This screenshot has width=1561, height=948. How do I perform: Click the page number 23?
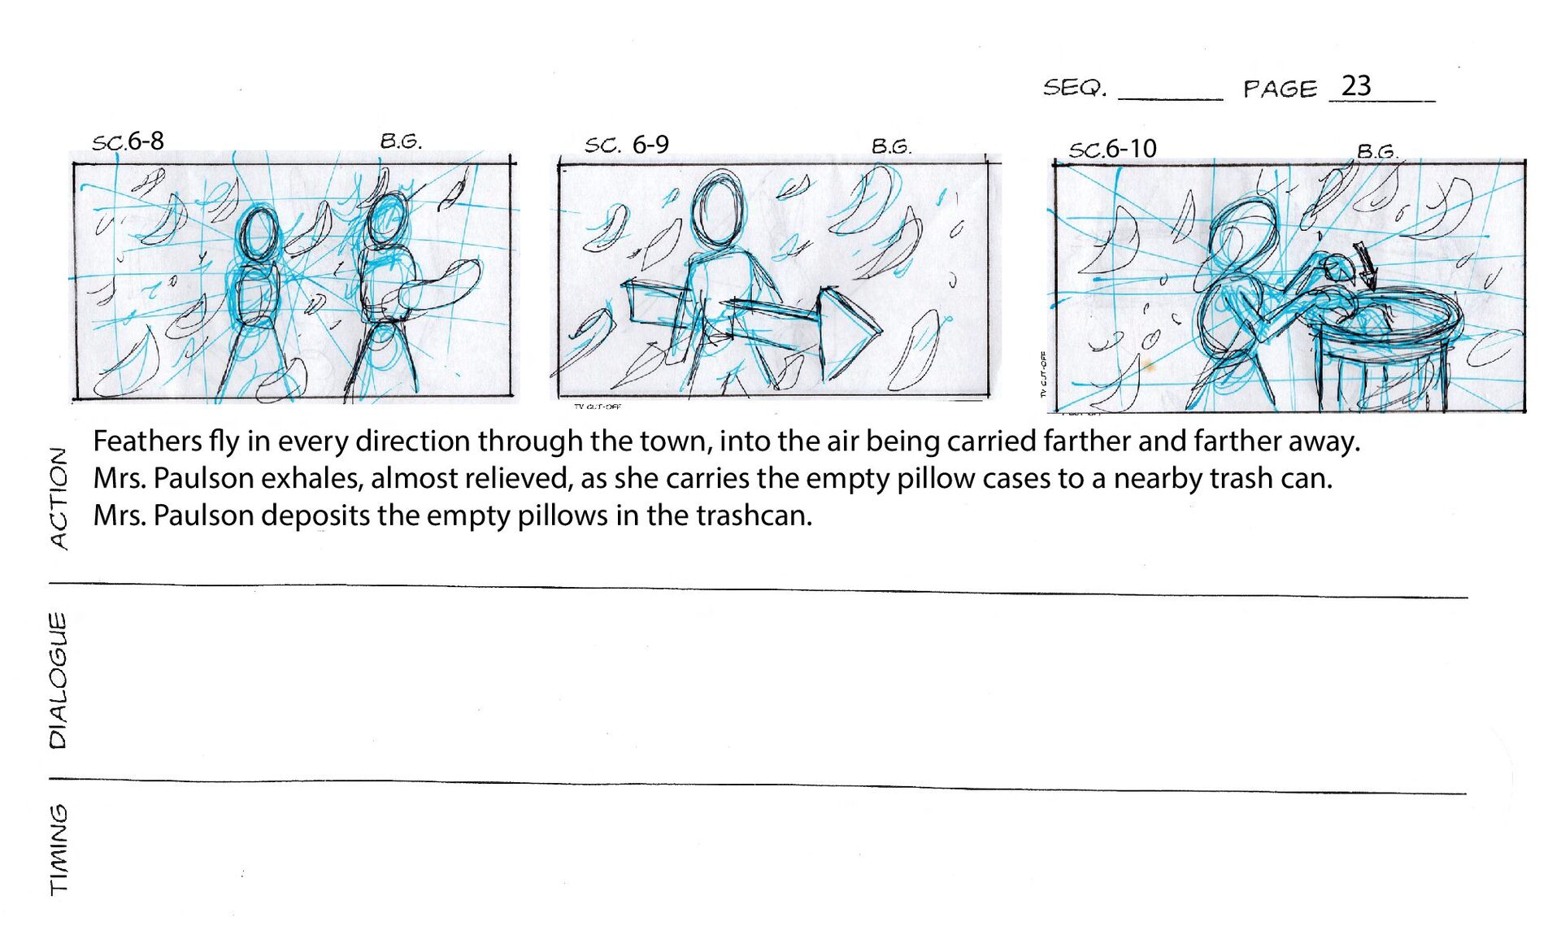click(1356, 85)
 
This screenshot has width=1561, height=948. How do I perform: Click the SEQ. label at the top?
click(1075, 87)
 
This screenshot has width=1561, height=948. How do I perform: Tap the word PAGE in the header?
click(1280, 89)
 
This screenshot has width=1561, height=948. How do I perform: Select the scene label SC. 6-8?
click(128, 141)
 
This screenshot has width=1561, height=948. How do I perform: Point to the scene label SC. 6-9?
click(627, 145)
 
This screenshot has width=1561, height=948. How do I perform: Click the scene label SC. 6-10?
click(1112, 149)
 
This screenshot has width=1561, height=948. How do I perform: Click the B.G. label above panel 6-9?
click(892, 146)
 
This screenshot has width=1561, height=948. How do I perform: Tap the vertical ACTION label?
click(59, 498)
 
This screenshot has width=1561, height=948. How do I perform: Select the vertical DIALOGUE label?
click(58, 680)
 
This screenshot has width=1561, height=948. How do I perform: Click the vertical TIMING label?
click(59, 850)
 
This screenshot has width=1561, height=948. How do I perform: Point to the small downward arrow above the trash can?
click(1366, 265)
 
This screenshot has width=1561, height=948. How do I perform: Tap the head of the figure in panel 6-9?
click(718, 207)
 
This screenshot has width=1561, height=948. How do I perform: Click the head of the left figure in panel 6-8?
click(259, 233)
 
